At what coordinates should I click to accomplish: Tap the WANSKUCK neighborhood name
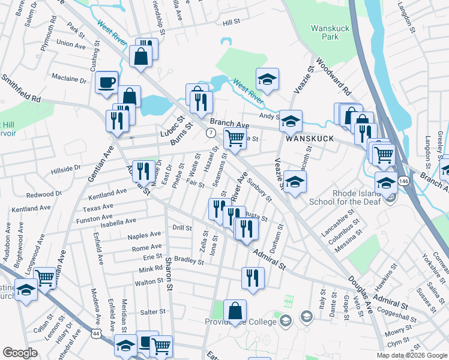309,137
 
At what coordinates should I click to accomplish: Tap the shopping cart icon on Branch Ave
235,138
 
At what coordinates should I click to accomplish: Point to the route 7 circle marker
211,132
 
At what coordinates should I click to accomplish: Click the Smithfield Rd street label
20,88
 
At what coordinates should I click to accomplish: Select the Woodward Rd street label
332,77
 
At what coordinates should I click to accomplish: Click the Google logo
20,353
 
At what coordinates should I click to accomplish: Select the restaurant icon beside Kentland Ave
142,172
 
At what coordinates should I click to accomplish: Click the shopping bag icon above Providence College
235,310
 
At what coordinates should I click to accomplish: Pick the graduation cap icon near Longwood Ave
26,290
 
